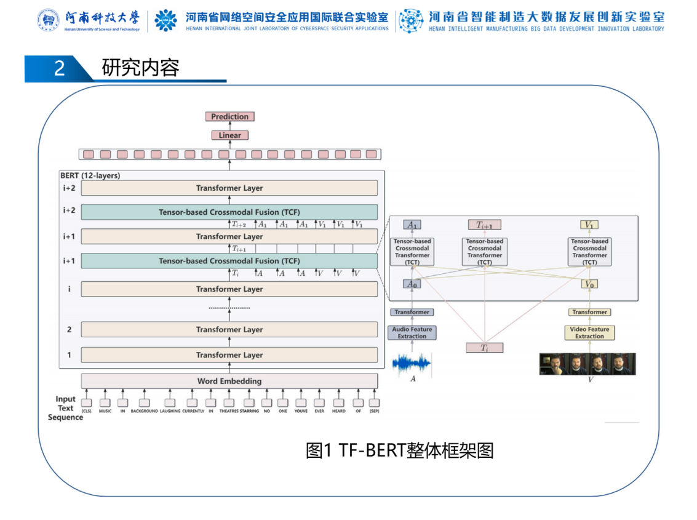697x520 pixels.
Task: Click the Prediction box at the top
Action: [229, 116]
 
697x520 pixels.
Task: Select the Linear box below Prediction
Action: [229, 135]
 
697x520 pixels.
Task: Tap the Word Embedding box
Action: [229, 381]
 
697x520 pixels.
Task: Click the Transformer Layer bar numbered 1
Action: [229, 355]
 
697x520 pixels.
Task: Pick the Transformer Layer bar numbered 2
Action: [229, 330]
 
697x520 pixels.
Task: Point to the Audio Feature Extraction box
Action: [412, 333]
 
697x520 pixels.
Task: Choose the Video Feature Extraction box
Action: [589, 333]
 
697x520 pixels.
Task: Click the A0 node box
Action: [412, 284]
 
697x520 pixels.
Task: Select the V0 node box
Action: [589, 284]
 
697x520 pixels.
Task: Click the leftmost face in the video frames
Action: [551, 364]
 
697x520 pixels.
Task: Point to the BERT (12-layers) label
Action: [90, 175]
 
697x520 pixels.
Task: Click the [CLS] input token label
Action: [86, 411]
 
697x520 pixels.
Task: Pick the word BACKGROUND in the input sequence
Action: [144, 411]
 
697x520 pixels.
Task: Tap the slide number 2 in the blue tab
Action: [59, 68]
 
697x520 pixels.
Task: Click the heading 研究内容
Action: [140, 67]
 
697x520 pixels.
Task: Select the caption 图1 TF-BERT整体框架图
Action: [400, 450]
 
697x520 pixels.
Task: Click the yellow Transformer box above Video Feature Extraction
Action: [589, 312]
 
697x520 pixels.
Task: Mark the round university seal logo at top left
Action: [48, 20]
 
